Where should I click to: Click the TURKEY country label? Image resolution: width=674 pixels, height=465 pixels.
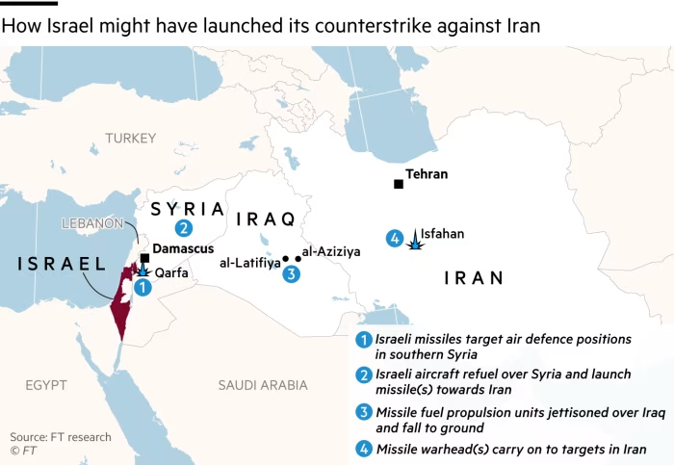tap(131, 139)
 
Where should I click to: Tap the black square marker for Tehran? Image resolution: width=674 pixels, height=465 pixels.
tap(398, 184)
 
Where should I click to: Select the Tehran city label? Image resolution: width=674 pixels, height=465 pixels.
tap(428, 175)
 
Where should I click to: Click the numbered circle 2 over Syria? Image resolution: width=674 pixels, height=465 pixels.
tap(182, 228)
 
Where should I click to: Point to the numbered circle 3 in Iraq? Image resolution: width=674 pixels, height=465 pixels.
tap(291, 274)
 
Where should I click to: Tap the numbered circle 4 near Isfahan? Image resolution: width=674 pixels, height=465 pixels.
tap(394, 239)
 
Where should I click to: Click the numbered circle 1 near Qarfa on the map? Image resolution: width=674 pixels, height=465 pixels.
tap(143, 287)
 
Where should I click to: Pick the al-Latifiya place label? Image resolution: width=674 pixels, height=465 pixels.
tap(249, 262)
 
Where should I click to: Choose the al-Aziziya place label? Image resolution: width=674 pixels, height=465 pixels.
tap(331, 251)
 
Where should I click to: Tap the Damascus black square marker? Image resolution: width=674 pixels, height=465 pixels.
tap(144, 258)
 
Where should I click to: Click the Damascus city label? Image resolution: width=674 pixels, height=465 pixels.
tap(183, 248)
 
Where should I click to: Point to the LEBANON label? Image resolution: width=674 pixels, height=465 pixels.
tap(92, 222)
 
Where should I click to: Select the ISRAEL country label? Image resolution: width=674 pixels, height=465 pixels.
tap(60, 264)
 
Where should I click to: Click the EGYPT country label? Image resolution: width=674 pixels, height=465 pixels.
tap(46, 385)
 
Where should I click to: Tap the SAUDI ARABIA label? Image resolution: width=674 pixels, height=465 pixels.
tap(262, 385)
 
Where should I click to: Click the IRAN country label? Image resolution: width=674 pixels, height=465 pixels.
tap(473, 278)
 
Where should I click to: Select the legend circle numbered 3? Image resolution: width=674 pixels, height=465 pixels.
tap(363, 413)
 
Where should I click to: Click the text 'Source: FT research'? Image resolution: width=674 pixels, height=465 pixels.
tap(61, 437)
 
